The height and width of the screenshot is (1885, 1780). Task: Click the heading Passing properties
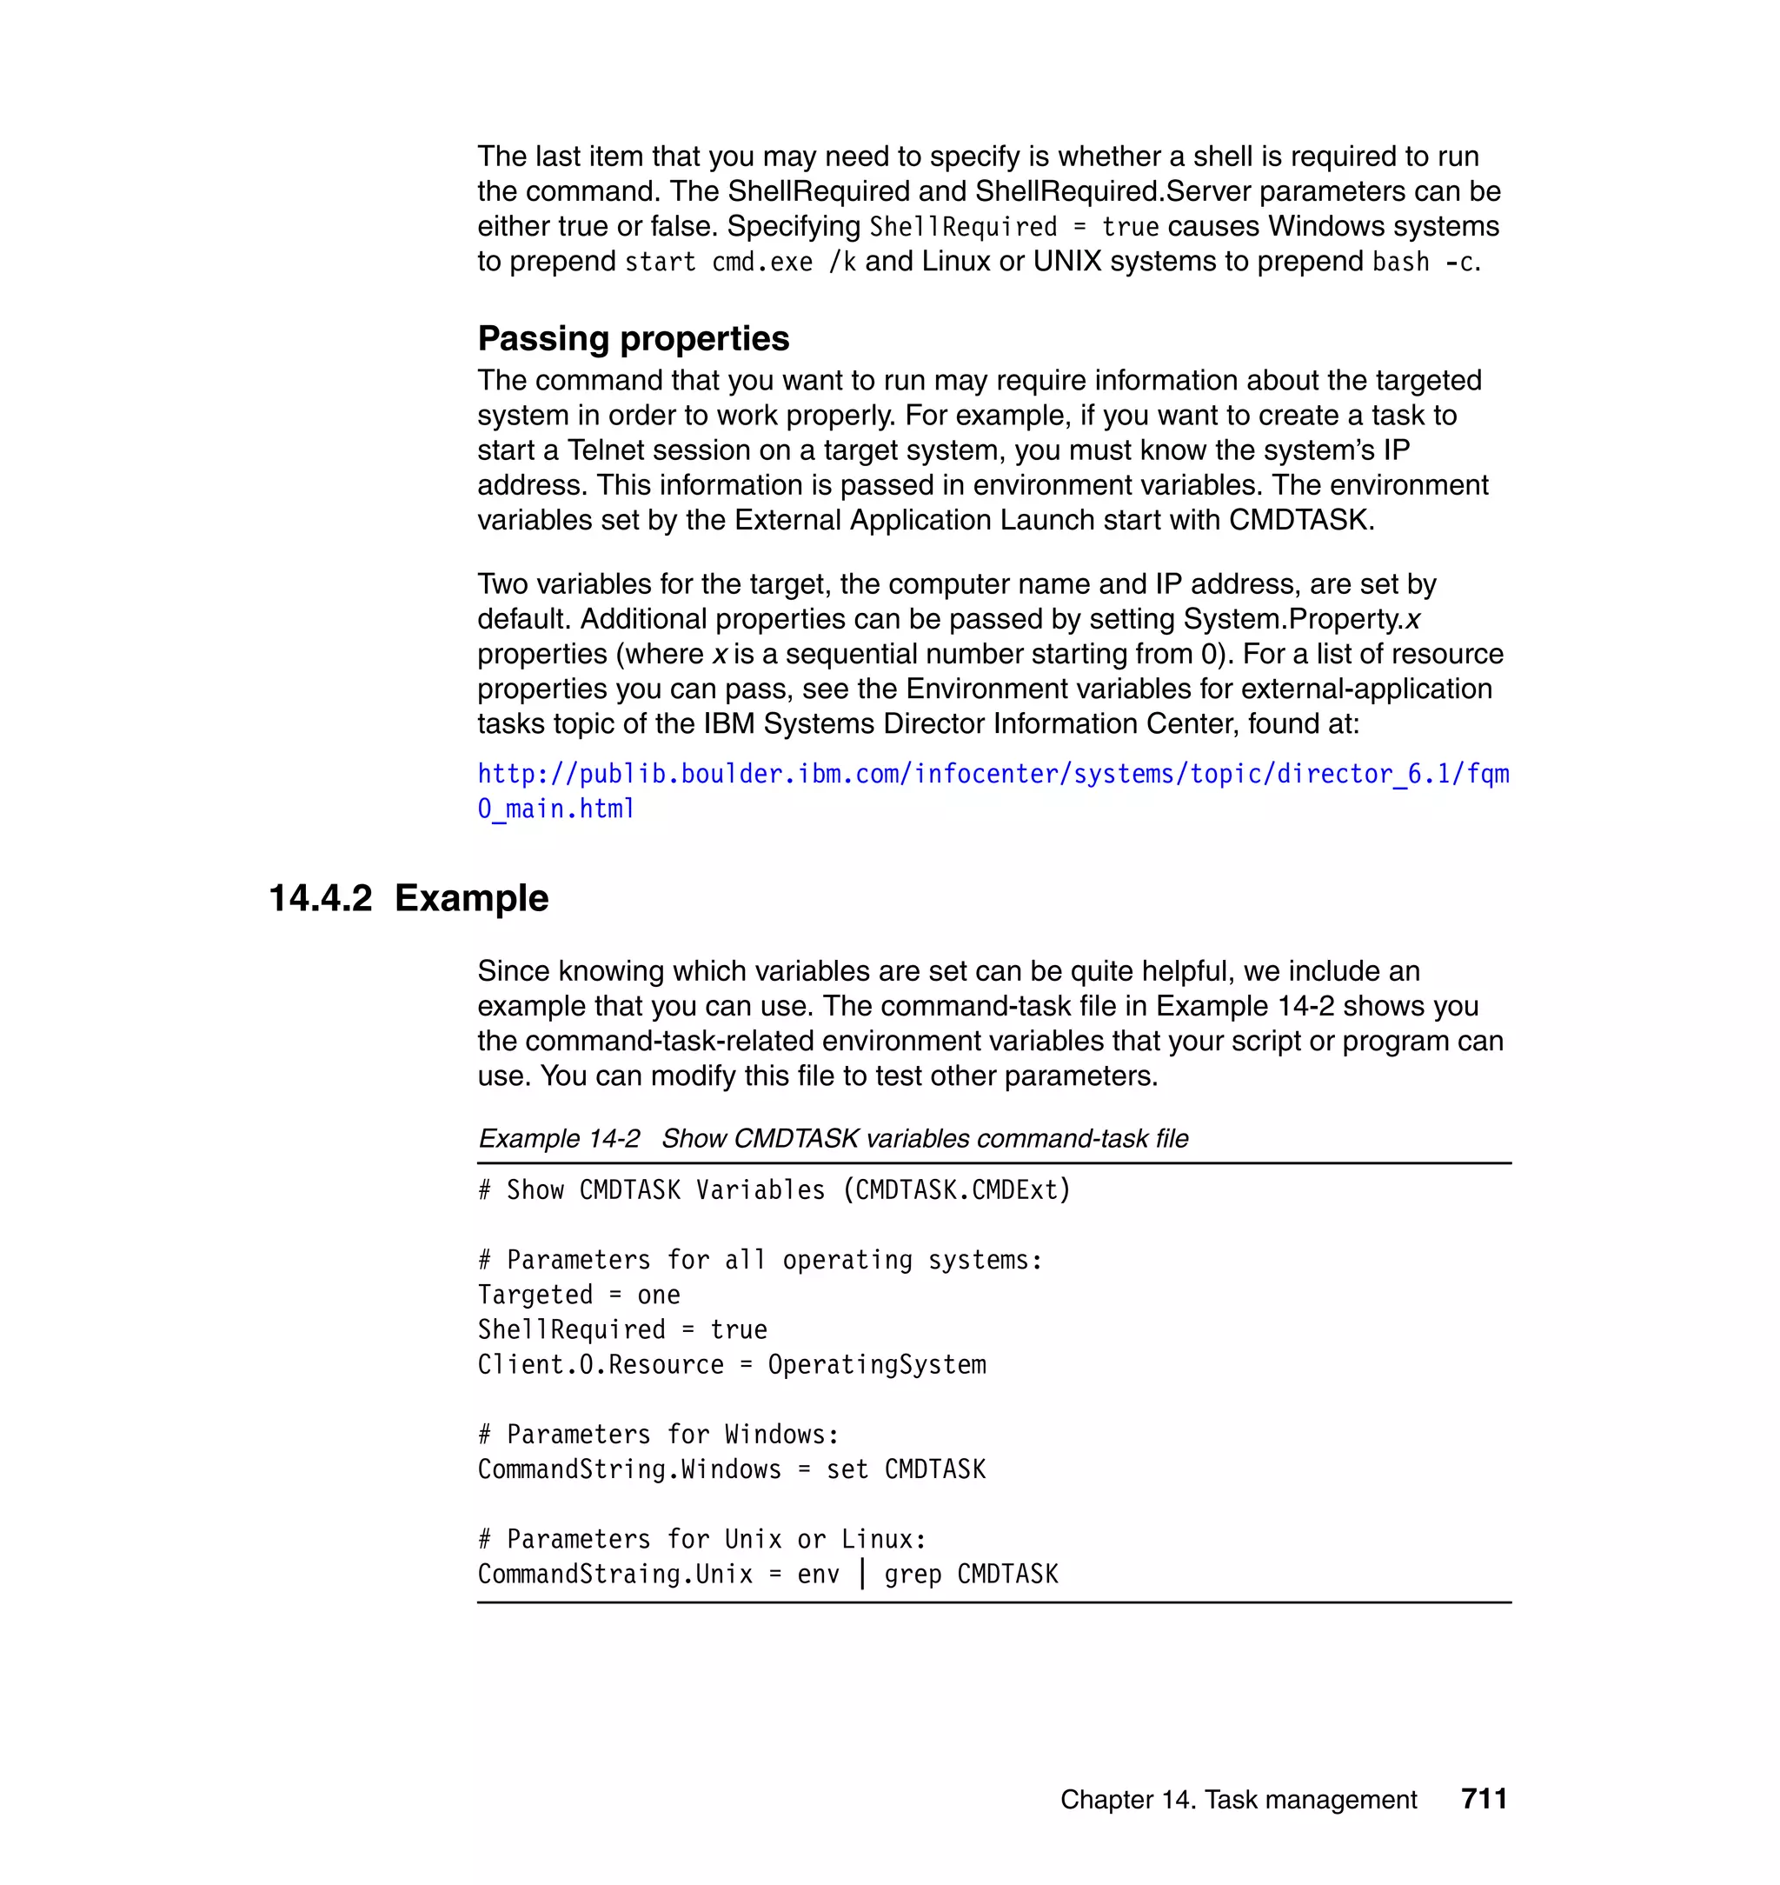click(633, 339)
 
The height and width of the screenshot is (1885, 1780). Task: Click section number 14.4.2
click(321, 898)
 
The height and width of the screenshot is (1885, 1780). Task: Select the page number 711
click(1484, 1799)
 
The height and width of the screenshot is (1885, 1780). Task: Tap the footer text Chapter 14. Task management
click(1238, 1800)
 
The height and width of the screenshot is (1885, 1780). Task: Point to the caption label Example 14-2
click(559, 1138)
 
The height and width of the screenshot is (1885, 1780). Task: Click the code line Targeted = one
click(579, 1295)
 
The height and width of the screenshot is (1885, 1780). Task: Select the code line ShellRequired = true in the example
click(622, 1329)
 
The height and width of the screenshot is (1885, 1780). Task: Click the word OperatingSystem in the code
click(877, 1365)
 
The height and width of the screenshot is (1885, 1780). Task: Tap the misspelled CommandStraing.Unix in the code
click(614, 1575)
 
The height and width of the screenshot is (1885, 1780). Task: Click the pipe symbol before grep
click(861, 1574)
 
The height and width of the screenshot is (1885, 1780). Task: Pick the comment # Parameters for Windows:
click(659, 1434)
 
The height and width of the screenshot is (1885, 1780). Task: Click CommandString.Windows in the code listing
click(629, 1469)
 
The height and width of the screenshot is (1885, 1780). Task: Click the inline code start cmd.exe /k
click(741, 262)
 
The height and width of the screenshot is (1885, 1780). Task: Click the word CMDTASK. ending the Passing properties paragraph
click(1301, 520)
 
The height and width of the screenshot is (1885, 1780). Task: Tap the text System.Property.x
click(1301, 619)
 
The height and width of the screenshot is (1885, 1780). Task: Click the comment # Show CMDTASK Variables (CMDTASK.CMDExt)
click(774, 1190)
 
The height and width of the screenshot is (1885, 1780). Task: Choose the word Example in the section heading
click(472, 898)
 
